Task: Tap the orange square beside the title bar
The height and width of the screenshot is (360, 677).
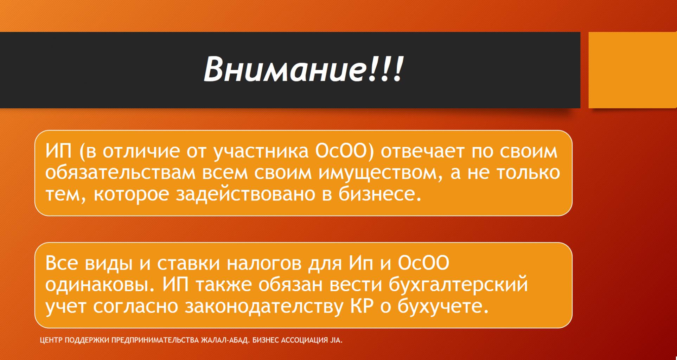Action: (x=633, y=70)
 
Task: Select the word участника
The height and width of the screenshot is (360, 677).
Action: (x=261, y=152)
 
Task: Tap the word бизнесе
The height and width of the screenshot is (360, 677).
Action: (x=380, y=194)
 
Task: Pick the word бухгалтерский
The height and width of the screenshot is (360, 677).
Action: (x=458, y=285)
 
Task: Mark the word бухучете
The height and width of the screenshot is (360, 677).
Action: (x=443, y=306)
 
